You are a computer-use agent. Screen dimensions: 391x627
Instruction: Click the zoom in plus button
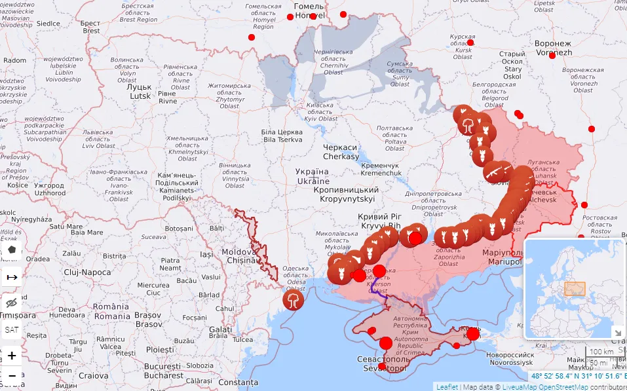pos(12,356)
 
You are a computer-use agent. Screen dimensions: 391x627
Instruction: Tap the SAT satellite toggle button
pos(12,329)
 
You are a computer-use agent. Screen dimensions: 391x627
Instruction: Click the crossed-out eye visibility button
pos(12,303)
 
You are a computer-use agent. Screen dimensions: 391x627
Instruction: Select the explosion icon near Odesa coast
pos(293,300)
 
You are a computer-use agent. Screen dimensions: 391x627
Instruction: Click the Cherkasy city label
pos(341,152)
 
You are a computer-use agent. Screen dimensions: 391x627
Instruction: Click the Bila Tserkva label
pos(283,136)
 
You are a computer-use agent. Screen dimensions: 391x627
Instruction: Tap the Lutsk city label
pos(140,91)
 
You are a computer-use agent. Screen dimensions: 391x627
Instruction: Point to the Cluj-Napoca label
pos(87,272)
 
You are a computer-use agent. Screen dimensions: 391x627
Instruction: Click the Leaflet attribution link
pos(447,387)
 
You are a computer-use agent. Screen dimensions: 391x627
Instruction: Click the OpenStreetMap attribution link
pos(564,387)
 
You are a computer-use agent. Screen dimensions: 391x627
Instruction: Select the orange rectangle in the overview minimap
pos(575,289)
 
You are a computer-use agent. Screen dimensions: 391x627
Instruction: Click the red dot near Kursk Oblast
pos(470,43)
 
